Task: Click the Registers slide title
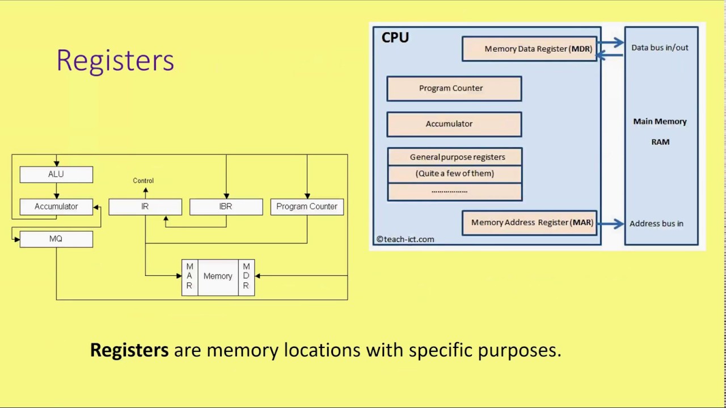click(x=115, y=60)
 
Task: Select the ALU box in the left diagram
click(x=56, y=175)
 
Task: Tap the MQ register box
click(x=56, y=239)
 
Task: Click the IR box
click(x=145, y=207)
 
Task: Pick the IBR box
click(x=226, y=207)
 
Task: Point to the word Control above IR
click(x=143, y=181)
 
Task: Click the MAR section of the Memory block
click(x=189, y=277)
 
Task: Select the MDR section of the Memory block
click(x=246, y=277)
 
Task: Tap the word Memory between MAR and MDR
click(x=218, y=277)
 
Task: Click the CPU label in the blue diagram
click(x=395, y=38)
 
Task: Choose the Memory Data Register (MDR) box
click(x=530, y=49)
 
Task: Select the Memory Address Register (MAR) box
click(x=530, y=223)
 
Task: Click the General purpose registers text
click(x=457, y=157)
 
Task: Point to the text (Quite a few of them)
click(x=455, y=173)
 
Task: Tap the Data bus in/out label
click(x=660, y=48)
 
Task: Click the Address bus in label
click(x=656, y=223)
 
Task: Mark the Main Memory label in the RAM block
click(x=660, y=121)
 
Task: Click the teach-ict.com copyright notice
click(x=405, y=240)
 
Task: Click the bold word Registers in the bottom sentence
click(x=129, y=350)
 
